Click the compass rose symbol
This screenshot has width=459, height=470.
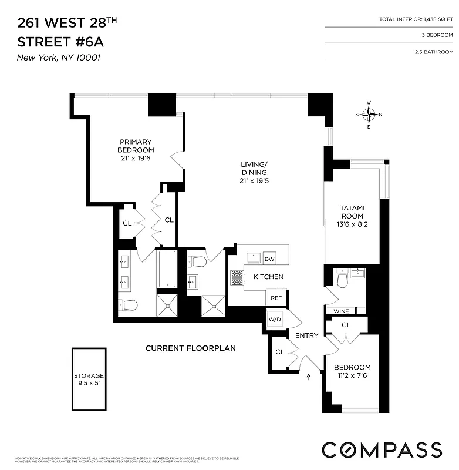tap(369, 115)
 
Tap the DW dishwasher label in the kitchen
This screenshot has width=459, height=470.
tap(269, 259)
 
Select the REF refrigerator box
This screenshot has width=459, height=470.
tap(275, 298)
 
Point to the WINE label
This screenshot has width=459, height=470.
tap(341, 311)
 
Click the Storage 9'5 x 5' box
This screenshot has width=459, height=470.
tap(89, 380)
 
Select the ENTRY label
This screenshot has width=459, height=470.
tap(306, 336)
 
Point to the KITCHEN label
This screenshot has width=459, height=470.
tap(268, 277)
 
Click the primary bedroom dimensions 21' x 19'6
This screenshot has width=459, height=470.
tap(136, 158)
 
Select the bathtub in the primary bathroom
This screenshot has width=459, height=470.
tap(167, 269)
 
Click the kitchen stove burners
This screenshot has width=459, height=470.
tap(236, 277)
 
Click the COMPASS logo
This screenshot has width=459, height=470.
tap(382, 449)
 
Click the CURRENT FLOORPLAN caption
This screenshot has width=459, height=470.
tap(191, 348)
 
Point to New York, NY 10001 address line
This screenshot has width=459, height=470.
tap(55, 58)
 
